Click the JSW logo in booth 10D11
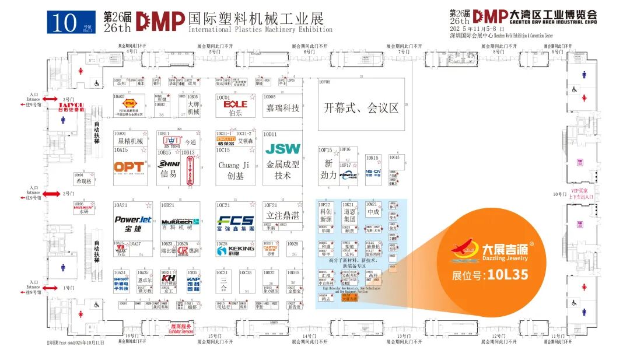click(x=283, y=149)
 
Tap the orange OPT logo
click(x=129, y=167)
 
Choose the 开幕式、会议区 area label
click(x=360, y=108)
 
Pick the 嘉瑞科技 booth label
click(x=282, y=108)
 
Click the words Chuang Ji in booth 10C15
click(x=233, y=165)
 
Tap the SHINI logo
click(x=169, y=165)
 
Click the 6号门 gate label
click(x=309, y=51)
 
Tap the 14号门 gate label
click(x=309, y=336)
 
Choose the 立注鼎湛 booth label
click(x=283, y=215)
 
